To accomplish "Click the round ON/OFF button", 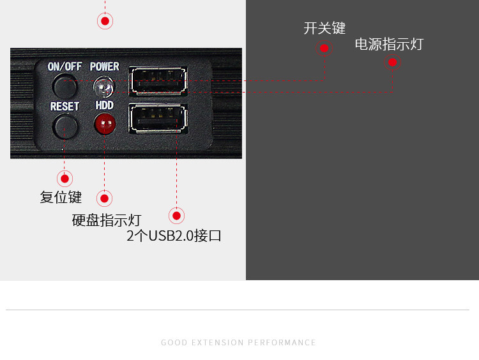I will click(x=64, y=85).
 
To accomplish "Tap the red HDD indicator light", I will click(x=103, y=123).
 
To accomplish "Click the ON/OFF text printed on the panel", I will click(x=65, y=66).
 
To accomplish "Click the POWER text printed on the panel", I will click(x=104, y=66).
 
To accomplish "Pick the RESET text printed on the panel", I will click(x=65, y=106).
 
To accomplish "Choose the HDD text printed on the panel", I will click(x=104, y=105).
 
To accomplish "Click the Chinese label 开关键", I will click(x=324, y=28).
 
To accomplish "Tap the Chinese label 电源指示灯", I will click(x=389, y=45).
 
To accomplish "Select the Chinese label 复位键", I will click(x=61, y=197).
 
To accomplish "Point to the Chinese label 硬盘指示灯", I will click(x=107, y=221).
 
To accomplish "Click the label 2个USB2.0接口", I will click(x=174, y=236).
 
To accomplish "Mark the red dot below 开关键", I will click(x=324, y=48).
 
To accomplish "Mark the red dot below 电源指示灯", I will click(x=393, y=62).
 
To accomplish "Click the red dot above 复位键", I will click(x=64, y=179).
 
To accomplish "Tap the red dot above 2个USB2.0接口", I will click(x=176, y=215).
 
